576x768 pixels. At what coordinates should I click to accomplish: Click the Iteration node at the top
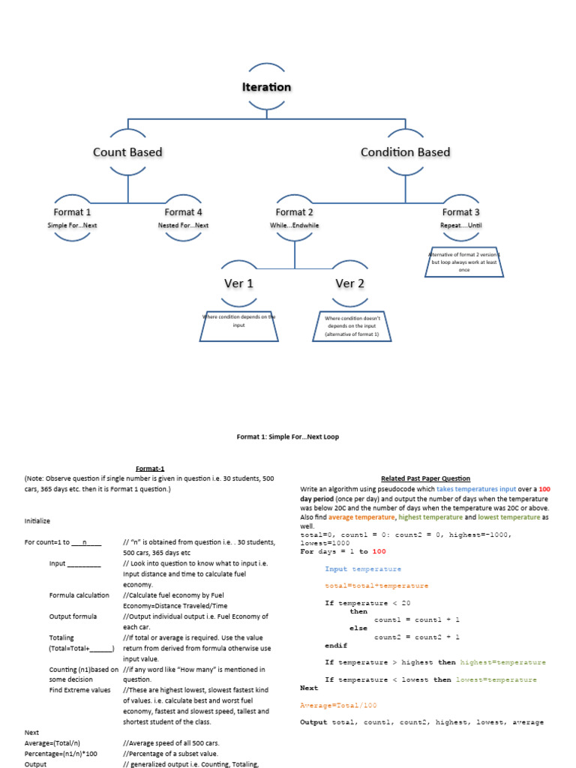266,87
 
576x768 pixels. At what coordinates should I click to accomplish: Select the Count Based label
127,152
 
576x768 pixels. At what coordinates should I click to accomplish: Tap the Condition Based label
405,152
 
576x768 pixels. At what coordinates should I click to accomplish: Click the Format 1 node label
72,212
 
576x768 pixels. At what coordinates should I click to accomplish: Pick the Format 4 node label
183,212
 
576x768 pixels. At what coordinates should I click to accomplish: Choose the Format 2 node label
294,212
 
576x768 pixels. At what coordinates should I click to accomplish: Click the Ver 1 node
238,283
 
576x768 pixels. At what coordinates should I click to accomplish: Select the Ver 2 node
349,283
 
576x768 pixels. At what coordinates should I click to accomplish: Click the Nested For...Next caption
183,225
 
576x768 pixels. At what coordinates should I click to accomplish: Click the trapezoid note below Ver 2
352,326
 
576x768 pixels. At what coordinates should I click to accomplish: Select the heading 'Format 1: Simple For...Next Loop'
288,436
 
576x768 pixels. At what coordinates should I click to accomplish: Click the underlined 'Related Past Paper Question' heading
425,478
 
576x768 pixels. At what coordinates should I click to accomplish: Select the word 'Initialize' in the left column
38,520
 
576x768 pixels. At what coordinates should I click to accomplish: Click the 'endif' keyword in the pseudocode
337,645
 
